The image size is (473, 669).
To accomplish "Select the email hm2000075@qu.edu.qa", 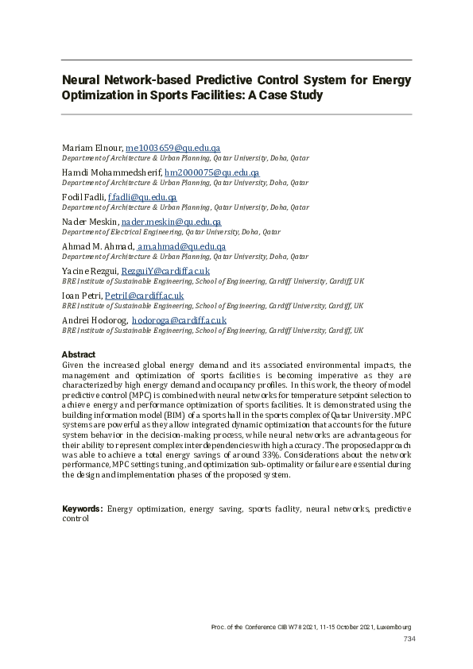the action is pos(211,173).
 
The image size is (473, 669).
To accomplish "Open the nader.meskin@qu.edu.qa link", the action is pos(171,222).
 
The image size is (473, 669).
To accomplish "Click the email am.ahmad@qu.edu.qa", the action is pos(181,246).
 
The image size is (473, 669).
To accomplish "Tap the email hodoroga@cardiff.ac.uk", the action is pos(179,320).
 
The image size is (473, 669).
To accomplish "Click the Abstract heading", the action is pos(79,354).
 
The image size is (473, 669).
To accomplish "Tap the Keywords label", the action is pos(82,508).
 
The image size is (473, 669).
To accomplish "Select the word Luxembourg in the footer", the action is pos(392,627).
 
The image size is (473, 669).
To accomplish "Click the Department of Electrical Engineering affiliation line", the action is pos(171,233).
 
